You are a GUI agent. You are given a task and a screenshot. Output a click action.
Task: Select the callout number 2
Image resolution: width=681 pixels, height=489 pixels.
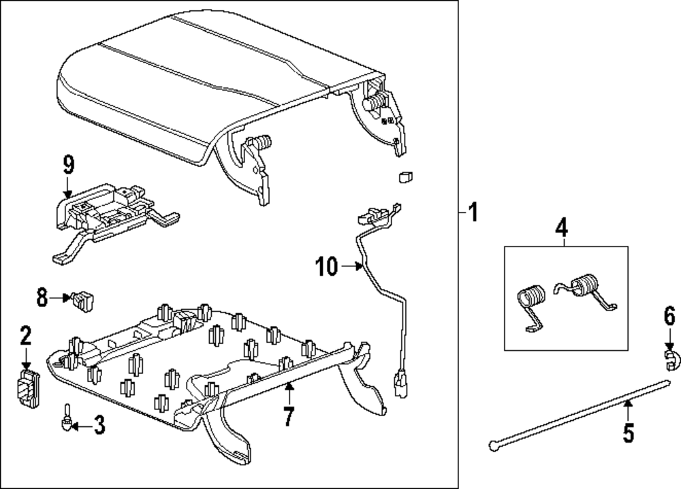click(x=25, y=335)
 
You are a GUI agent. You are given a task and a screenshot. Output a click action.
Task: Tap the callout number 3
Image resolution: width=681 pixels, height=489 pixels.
click(x=99, y=427)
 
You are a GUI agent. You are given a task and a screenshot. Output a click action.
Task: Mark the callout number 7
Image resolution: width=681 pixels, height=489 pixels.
click(x=288, y=416)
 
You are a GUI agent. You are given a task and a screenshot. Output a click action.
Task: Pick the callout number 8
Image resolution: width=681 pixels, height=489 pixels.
click(x=42, y=296)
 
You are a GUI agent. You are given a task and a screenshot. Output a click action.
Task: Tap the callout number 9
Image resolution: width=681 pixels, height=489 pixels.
click(x=68, y=165)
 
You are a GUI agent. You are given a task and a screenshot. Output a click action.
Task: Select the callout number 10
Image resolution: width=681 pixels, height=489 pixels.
click(x=326, y=267)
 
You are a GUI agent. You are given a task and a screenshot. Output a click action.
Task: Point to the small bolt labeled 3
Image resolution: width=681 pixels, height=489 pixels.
click(x=67, y=417)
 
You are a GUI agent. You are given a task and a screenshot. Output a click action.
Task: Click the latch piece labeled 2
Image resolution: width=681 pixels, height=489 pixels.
click(x=27, y=389)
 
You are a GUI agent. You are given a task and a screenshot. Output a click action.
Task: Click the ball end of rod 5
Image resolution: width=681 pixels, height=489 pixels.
click(x=493, y=446)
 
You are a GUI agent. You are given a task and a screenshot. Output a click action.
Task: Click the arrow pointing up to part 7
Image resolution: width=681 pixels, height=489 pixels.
click(x=289, y=391)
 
